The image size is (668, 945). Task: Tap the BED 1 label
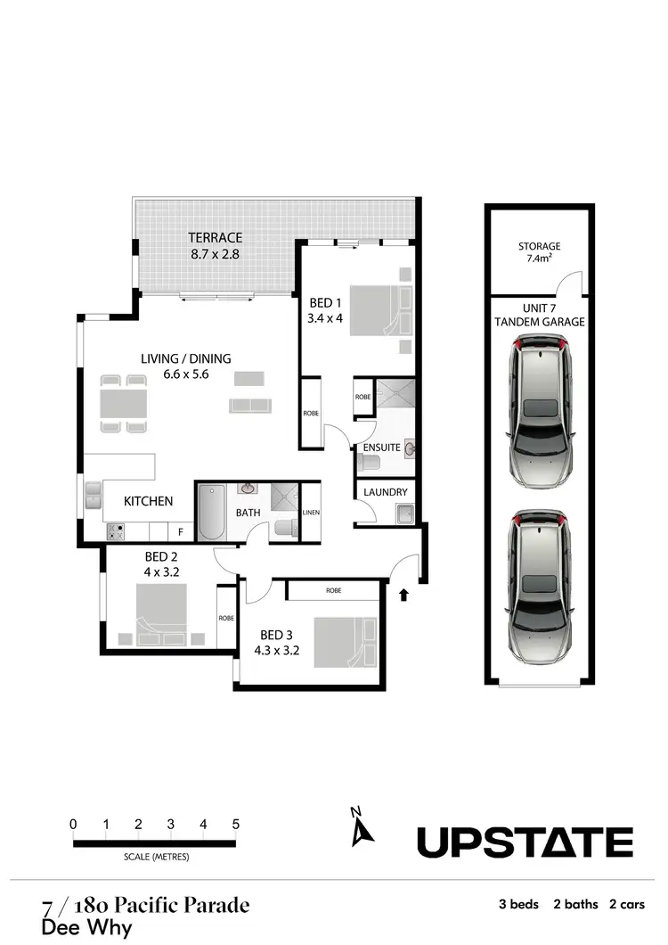point(325,303)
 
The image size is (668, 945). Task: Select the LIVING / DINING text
point(185,358)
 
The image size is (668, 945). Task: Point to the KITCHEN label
point(148,501)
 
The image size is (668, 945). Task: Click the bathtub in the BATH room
point(213,513)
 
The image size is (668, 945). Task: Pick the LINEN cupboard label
point(311,513)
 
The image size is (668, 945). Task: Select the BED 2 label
point(162,557)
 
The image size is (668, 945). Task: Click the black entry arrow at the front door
point(405,593)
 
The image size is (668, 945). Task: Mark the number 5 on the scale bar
point(237,824)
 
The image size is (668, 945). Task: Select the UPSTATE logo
point(525,842)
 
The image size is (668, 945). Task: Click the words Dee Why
point(86,927)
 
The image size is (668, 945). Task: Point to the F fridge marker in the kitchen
point(181,532)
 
